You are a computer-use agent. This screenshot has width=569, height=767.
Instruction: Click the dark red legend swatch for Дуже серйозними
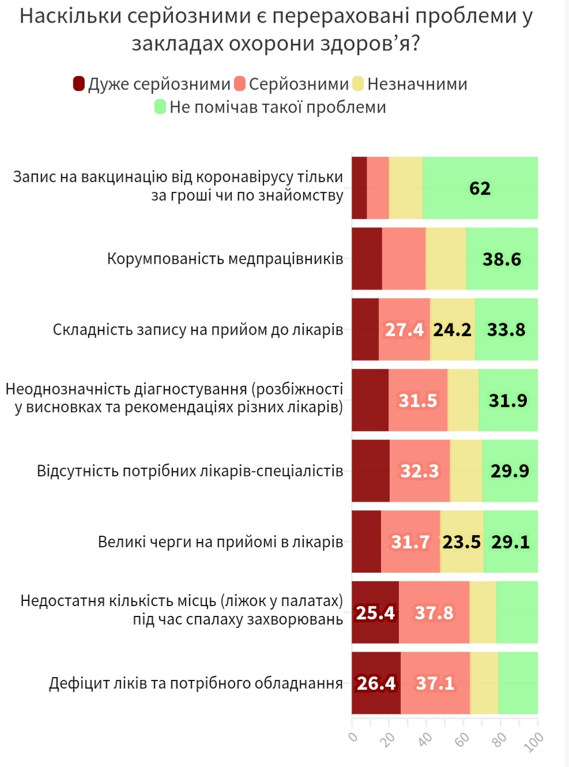coord(79,84)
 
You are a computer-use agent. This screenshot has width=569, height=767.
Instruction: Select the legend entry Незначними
coord(417,84)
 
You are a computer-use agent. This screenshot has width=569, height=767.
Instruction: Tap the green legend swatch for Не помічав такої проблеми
coord(160,107)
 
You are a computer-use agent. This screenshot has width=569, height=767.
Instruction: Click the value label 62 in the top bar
coord(480,189)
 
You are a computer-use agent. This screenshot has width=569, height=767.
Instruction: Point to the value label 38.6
coord(502,260)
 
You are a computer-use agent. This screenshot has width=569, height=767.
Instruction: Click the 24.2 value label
coord(452,330)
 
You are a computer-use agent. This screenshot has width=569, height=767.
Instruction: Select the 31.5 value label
coord(418,400)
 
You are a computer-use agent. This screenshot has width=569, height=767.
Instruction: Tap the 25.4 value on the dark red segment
coord(375,612)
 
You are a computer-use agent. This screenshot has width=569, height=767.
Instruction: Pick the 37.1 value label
coord(435,683)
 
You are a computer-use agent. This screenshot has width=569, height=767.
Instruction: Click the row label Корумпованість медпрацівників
coord(225,259)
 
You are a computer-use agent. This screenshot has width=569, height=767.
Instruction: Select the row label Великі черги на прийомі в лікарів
coord(220,542)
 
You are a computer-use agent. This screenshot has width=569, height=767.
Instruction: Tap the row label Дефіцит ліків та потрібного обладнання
coord(196,683)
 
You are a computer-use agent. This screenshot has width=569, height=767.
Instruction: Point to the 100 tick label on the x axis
coord(534,742)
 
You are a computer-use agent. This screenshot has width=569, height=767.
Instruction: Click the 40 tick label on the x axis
coord(425,739)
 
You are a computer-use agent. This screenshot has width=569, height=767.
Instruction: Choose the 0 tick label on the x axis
coord(353,737)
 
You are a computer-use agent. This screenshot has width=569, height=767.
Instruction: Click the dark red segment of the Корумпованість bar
coord(367,259)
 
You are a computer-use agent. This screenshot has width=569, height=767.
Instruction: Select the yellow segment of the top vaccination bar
coord(405,188)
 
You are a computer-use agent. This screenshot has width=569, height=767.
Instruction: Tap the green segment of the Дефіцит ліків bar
coord(518,683)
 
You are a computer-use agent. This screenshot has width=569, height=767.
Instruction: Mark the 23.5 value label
coord(461,542)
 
